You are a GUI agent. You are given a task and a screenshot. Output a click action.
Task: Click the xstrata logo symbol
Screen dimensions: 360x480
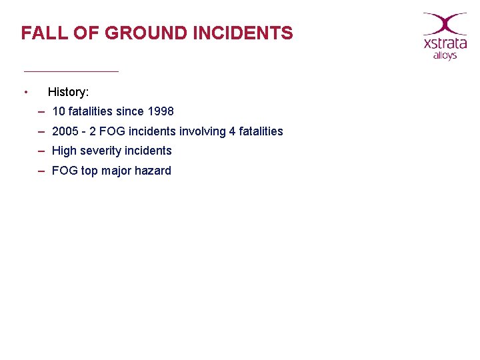[x=445, y=23]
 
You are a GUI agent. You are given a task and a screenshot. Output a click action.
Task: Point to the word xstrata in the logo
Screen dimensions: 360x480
[x=445, y=44]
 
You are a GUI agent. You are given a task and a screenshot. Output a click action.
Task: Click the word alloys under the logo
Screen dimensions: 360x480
[x=445, y=56]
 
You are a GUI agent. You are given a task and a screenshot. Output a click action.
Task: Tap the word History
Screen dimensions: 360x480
[x=68, y=91]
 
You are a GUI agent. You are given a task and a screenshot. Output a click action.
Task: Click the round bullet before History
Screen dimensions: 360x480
[x=25, y=91]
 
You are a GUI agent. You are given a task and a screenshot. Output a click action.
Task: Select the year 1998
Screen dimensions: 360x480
[x=160, y=111]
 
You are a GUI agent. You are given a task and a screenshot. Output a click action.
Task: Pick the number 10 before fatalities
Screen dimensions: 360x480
[x=59, y=111]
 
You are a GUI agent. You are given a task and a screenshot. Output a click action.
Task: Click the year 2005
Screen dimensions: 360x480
[x=65, y=131]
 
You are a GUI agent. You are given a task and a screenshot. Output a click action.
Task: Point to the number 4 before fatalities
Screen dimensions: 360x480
[x=232, y=131]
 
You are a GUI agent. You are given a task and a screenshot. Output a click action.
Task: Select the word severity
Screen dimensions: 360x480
[x=101, y=151]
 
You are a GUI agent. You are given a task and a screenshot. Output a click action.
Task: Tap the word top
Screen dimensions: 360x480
[x=89, y=171]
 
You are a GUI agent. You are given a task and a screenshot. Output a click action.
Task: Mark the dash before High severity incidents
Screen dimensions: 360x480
[x=41, y=151]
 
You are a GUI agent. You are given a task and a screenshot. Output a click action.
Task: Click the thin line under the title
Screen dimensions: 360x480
[x=71, y=71]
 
